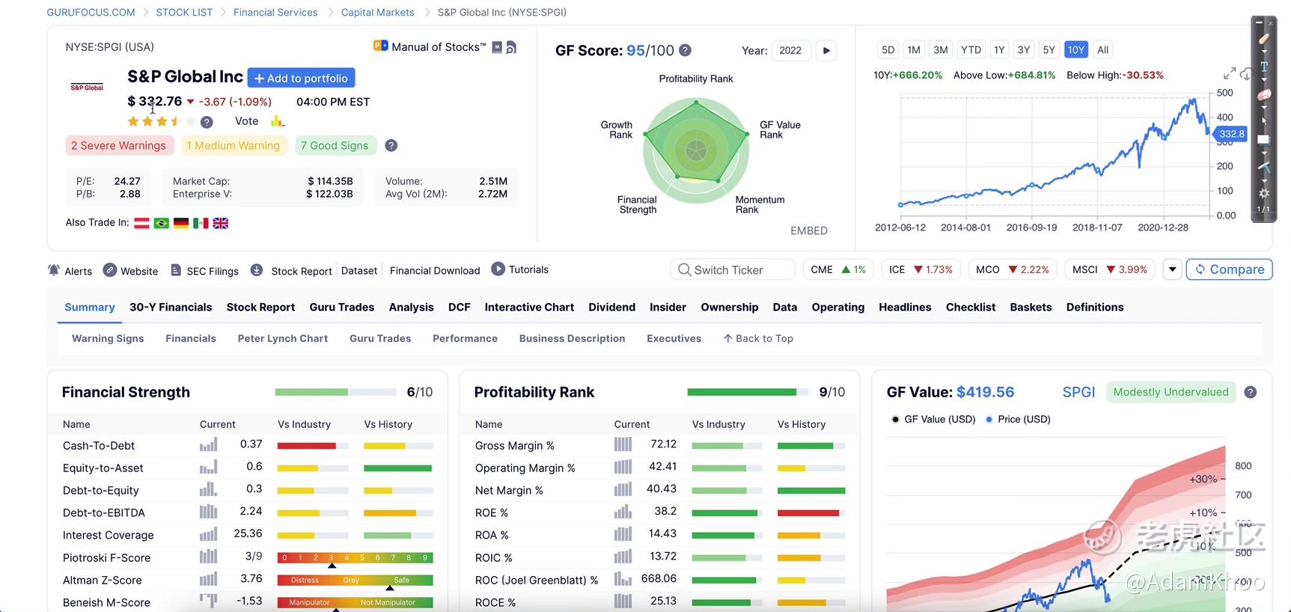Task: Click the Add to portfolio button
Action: point(301,78)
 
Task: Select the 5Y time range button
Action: point(1049,50)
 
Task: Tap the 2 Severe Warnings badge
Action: point(119,146)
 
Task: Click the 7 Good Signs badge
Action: point(335,146)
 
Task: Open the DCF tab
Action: point(459,307)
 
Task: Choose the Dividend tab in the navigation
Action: point(611,307)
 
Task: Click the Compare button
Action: point(1229,269)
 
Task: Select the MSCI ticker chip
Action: point(1109,269)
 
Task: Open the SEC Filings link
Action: point(204,271)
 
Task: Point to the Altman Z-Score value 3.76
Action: point(251,579)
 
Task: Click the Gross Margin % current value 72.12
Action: point(663,444)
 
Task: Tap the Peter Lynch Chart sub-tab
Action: point(282,339)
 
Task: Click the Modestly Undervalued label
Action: point(1171,392)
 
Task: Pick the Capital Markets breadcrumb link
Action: point(377,13)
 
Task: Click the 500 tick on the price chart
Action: point(1224,93)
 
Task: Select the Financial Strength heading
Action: point(126,392)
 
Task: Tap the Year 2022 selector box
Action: point(790,51)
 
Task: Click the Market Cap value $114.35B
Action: point(330,181)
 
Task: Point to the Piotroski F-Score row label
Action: point(106,557)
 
